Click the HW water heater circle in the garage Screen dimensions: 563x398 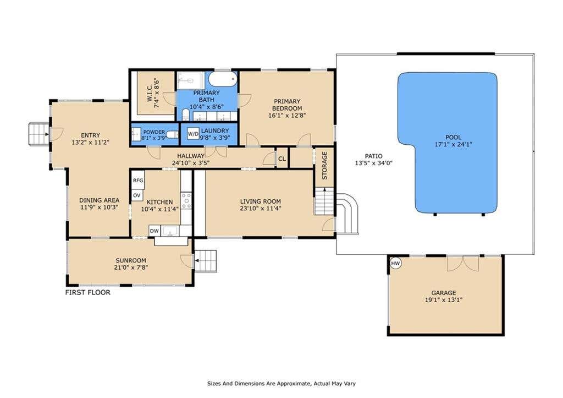click(x=395, y=264)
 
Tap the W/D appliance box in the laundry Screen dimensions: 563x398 click(x=193, y=134)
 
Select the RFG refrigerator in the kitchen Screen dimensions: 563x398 click(x=138, y=181)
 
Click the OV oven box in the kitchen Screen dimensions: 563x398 click(x=137, y=195)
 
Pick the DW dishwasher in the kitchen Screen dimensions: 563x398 click(x=154, y=231)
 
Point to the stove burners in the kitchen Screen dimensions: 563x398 click(x=186, y=200)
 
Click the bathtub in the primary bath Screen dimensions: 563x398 click(x=223, y=79)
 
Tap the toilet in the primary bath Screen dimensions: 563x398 click(x=186, y=115)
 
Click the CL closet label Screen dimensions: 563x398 click(x=282, y=159)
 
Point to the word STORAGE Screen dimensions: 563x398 click(x=324, y=165)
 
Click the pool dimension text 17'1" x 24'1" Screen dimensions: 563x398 click(x=453, y=145)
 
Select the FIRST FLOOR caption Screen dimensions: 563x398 click(x=87, y=292)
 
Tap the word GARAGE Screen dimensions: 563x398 click(x=444, y=293)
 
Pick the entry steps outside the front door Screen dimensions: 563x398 click(x=38, y=134)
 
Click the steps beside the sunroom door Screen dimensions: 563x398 click(x=206, y=261)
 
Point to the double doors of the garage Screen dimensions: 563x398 click(x=463, y=264)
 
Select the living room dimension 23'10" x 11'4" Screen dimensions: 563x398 click(x=261, y=208)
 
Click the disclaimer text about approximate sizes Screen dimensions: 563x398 click(x=281, y=384)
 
